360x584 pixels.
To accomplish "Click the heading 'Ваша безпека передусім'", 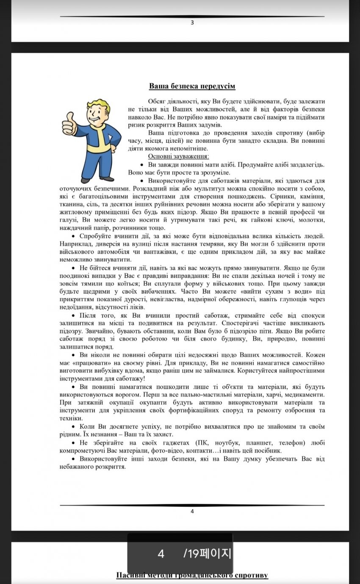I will [192, 86].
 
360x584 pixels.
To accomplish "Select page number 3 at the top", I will [192, 23].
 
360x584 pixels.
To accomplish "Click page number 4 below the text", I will [192, 511].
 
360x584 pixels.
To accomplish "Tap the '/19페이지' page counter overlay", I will [207, 553].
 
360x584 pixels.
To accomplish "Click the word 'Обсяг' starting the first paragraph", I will [157, 102].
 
